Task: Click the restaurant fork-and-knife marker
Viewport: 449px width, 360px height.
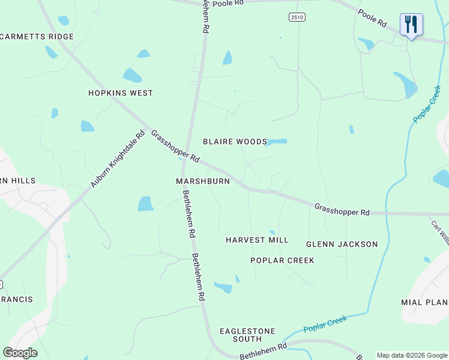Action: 411,25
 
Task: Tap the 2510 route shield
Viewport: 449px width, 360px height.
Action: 295,17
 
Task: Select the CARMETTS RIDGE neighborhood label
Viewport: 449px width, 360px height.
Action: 37,37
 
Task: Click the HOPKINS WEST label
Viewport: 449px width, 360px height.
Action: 121,93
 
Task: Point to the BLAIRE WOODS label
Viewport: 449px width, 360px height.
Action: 235,142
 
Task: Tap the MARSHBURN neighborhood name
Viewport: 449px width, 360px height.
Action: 203,181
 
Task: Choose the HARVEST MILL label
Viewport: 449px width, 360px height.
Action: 257,240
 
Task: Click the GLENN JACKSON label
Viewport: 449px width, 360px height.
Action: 342,244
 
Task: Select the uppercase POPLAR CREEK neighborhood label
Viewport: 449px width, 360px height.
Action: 282,260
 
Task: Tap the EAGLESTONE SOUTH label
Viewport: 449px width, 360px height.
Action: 247,335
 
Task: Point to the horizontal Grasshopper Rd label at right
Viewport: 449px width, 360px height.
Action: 342,209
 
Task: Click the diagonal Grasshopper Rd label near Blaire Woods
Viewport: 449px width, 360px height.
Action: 175,147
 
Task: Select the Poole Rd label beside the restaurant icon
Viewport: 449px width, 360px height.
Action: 373,17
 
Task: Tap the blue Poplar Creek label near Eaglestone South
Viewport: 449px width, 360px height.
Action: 325,324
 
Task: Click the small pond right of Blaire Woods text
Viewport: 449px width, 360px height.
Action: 277,142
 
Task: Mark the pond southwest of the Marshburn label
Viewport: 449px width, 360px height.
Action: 146,204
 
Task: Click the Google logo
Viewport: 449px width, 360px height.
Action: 20,353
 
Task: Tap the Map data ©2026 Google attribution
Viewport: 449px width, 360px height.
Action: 412,355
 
